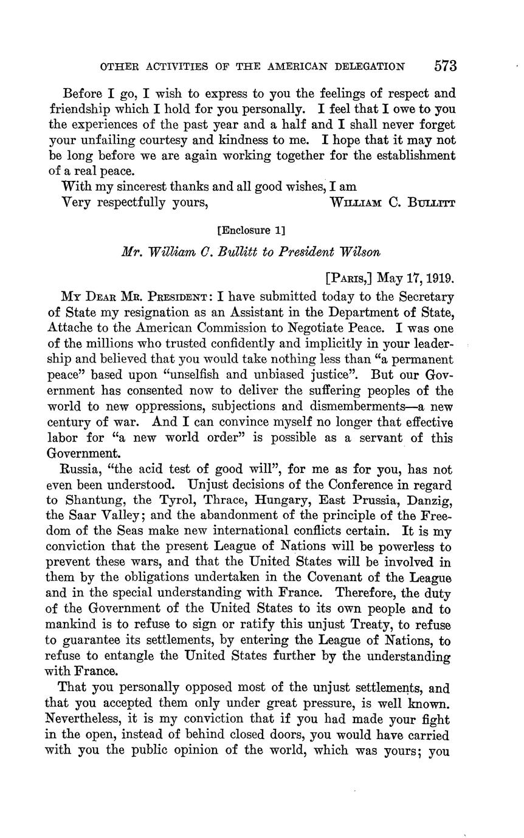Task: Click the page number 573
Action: pos(445,66)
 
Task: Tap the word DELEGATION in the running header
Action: pos(368,66)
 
